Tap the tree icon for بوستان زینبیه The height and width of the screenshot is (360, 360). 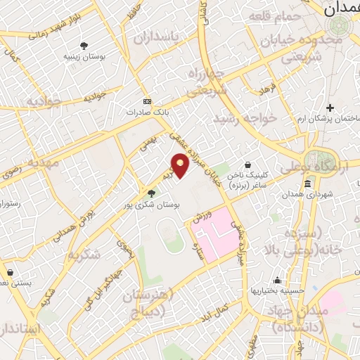(x=84, y=45)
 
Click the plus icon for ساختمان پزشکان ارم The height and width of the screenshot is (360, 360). (x=330, y=107)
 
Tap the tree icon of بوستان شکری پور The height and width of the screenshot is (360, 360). (x=151, y=193)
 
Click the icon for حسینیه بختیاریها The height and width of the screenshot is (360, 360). (x=278, y=280)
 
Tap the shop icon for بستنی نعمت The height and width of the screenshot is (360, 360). (x=10, y=271)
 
